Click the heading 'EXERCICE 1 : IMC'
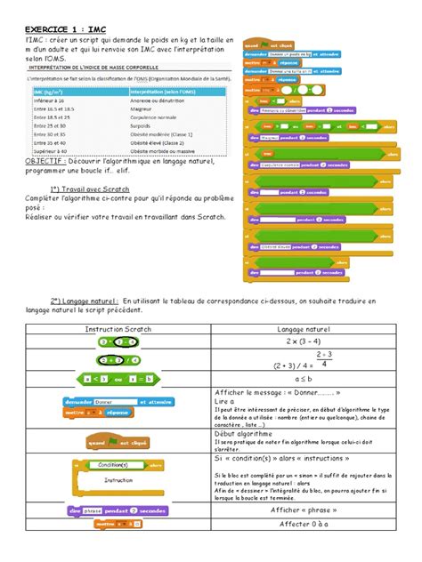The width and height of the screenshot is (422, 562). [63, 28]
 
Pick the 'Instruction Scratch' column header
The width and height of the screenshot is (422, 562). [106, 329]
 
